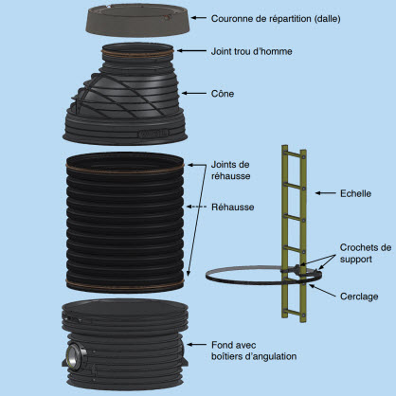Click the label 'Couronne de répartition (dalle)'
(x=276, y=19)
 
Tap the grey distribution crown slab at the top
(x=137, y=20)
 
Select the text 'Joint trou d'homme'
(x=251, y=51)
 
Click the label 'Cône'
(x=223, y=94)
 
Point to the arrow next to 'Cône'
(x=193, y=93)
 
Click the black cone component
(x=125, y=95)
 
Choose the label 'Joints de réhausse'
(x=230, y=171)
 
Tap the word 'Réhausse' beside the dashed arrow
(x=233, y=207)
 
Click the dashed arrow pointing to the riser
(x=196, y=207)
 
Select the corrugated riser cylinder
(x=125, y=223)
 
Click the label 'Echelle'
(x=355, y=193)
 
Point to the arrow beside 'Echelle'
(x=326, y=193)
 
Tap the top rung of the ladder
(x=294, y=154)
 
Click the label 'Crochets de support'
(x=366, y=253)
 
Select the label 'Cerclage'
(x=359, y=297)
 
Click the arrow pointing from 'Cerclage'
(x=322, y=291)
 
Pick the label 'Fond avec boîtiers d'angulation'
(x=254, y=351)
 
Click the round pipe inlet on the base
(x=75, y=354)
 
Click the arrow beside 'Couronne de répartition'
(x=199, y=18)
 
